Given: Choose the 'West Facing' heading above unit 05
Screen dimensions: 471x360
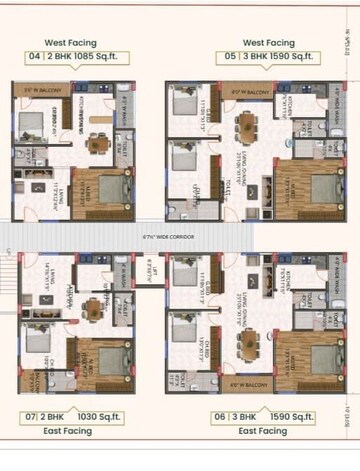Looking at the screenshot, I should pos(268,44).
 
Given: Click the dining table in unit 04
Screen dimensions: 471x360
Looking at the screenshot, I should pos(98,142).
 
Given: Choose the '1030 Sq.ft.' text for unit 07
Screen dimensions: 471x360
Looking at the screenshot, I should pos(110,416).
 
